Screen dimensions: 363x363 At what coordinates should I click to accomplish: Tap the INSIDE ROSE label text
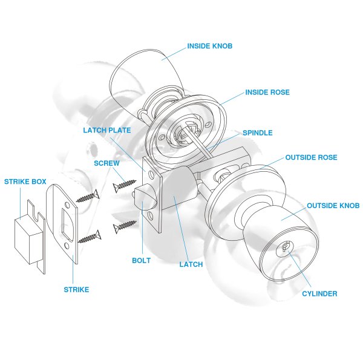point(267,93)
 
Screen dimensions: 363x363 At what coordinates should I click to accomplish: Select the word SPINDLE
point(258,132)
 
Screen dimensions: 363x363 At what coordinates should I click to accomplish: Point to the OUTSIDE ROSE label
point(312,157)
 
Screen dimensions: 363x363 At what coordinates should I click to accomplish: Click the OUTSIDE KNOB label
point(333,206)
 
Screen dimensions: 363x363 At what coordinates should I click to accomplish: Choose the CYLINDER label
point(319,294)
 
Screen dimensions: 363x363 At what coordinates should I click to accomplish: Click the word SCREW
point(106,163)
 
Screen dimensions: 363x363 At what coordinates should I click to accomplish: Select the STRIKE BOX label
point(25,181)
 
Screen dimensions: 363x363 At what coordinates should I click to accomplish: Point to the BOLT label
point(141,261)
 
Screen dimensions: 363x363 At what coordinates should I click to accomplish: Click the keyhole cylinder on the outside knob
point(284,249)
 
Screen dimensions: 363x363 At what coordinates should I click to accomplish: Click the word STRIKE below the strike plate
point(76,290)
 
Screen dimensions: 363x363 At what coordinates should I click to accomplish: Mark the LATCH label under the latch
point(191,264)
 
